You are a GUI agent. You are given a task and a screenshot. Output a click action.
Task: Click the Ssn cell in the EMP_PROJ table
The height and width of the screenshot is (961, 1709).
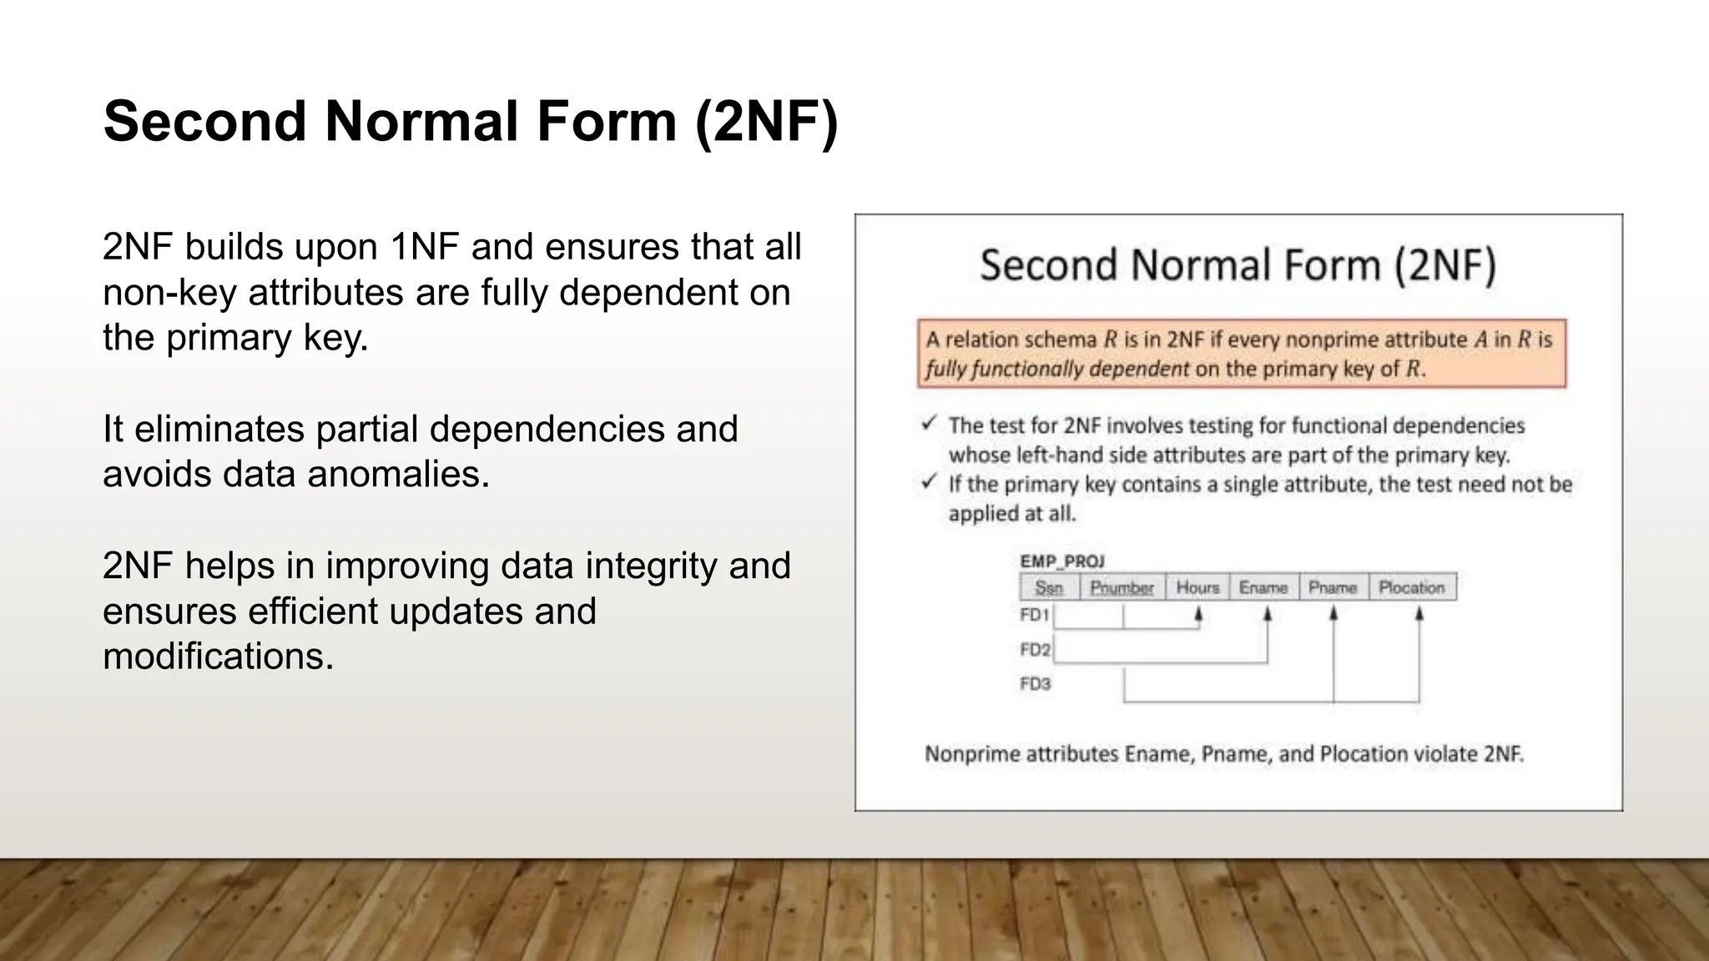pyautogui.click(x=1049, y=587)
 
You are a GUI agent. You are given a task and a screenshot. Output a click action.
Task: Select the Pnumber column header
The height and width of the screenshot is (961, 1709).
pyautogui.click(x=1122, y=587)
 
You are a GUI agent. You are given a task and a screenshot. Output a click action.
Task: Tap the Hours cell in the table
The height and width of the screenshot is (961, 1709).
pyautogui.click(x=1197, y=587)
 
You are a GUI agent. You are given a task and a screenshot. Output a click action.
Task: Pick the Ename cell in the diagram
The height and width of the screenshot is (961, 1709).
pyautogui.click(x=1263, y=587)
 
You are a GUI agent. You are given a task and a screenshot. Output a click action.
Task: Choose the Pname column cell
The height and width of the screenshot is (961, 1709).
pyautogui.click(x=1332, y=587)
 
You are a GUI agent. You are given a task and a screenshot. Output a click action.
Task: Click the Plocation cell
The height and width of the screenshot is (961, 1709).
pyautogui.click(x=1411, y=587)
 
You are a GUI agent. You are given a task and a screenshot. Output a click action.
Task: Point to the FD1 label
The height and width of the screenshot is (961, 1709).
pyautogui.click(x=1034, y=615)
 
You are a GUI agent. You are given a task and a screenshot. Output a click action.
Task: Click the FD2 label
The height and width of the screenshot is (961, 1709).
pyautogui.click(x=1035, y=649)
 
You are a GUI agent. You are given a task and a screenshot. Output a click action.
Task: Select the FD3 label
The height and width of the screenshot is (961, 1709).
pyautogui.click(x=1035, y=684)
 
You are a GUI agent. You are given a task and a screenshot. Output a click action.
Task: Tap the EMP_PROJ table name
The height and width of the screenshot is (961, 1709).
pyautogui.click(x=1061, y=561)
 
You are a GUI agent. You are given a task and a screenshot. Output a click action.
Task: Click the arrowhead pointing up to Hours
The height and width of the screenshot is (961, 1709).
pyautogui.click(x=1198, y=613)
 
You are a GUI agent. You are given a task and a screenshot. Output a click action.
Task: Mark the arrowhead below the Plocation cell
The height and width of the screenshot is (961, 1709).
pyautogui.click(x=1419, y=613)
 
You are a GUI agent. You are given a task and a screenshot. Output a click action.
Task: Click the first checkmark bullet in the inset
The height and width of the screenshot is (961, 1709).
pyautogui.click(x=930, y=424)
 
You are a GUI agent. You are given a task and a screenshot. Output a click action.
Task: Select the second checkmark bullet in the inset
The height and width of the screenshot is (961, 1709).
pyautogui.click(x=930, y=482)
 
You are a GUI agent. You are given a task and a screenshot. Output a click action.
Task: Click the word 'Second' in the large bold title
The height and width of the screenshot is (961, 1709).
pyautogui.click(x=205, y=122)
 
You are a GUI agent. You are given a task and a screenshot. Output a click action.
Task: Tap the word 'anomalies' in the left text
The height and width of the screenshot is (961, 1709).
pyautogui.click(x=397, y=475)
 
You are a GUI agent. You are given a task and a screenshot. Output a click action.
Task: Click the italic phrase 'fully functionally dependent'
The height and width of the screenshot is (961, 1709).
pyautogui.click(x=1056, y=369)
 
